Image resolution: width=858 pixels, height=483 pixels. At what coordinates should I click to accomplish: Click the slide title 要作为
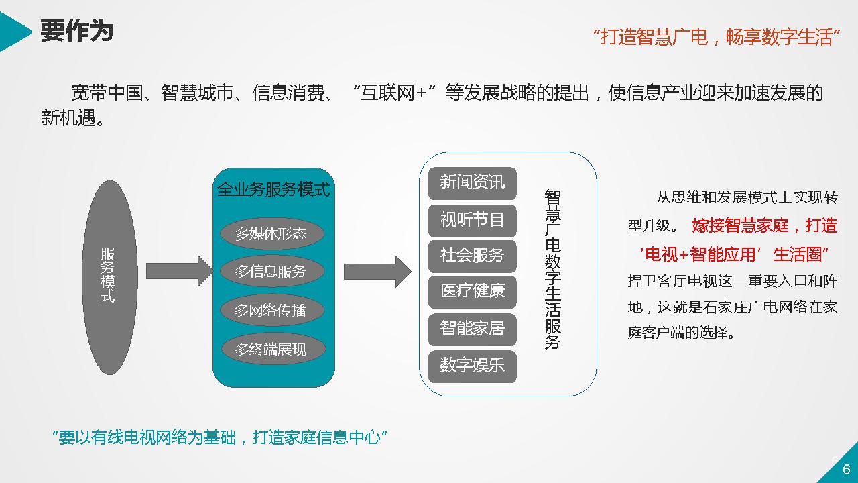pyautogui.click(x=76, y=30)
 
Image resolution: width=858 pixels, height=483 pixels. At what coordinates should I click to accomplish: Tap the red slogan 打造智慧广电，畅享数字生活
pyautogui.click(x=717, y=36)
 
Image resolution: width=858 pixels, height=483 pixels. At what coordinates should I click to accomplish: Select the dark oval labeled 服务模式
pyautogui.click(x=109, y=276)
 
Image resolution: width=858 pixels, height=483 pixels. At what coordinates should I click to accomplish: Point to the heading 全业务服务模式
pyautogui.click(x=273, y=189)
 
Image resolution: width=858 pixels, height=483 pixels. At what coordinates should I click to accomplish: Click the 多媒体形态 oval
pyautogui.click(x=271, y=234)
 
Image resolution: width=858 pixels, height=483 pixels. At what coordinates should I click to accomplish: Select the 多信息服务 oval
pyautogui.click(x=271, y=272)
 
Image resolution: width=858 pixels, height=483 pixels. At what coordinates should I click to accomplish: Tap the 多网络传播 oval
pyautogui.click(x=271, y=311)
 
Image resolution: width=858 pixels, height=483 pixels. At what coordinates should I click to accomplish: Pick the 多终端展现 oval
pyautogui.click(x=271, y=349)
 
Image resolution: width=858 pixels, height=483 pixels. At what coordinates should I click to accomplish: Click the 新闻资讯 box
pyautogui.click(x=473, y=182)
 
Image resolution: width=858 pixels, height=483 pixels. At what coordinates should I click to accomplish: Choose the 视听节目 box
pyautogui.click(x=473, y=219)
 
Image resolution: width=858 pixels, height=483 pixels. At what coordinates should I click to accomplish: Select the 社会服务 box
pyautogui.click(x=473, y=256)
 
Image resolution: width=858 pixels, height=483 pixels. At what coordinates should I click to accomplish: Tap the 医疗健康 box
pyautogui.click(x=473, y=292)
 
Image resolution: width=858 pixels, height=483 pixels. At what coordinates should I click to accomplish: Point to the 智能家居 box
pyautogui.click(x=473, y=329)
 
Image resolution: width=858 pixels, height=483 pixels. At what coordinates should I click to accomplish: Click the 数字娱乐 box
pyautogui.click(x=473, y=366)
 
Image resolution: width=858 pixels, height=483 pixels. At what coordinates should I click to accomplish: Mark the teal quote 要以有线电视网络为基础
pyautogui.click(x=221, y=438)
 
